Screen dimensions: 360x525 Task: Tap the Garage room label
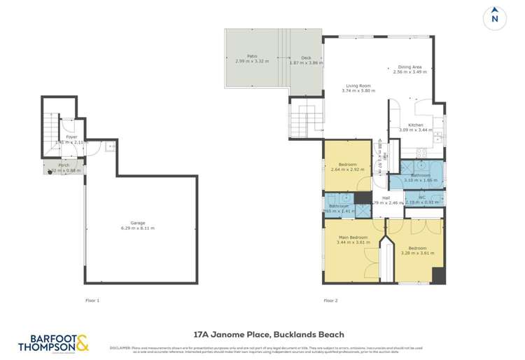pos(137,223)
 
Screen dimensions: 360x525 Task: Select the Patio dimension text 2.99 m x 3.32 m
pos(252,62)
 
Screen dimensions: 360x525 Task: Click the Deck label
pos(305,57)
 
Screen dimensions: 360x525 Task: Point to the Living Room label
pos(357,86)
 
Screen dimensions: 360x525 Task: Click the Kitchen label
pos(415,125)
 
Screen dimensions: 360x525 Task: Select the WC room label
pos(422,197)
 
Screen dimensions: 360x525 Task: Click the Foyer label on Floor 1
pos(71,137)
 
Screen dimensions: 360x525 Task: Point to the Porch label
pos(64,165)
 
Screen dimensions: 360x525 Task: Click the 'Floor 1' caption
pos(92,300)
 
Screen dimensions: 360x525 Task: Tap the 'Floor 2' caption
pos(330,300)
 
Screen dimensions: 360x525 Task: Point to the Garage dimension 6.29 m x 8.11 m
pos(137,228)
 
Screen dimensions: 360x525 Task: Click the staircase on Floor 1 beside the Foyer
pos(52,129)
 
